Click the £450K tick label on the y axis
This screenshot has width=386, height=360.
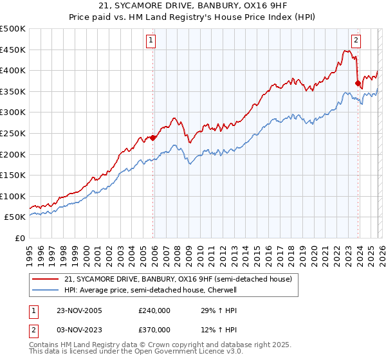coord(14,50)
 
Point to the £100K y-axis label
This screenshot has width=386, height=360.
coord(14,196)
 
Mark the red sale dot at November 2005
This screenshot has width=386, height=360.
coord(153,137)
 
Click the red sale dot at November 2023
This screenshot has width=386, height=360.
coord(358,82)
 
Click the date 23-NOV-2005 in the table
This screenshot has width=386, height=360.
coord(79,310)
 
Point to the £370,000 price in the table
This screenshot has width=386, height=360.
coord(154,329)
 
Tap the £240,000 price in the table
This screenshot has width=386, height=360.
coord(154,310)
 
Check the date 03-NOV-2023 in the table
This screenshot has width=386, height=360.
coord(79,329)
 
